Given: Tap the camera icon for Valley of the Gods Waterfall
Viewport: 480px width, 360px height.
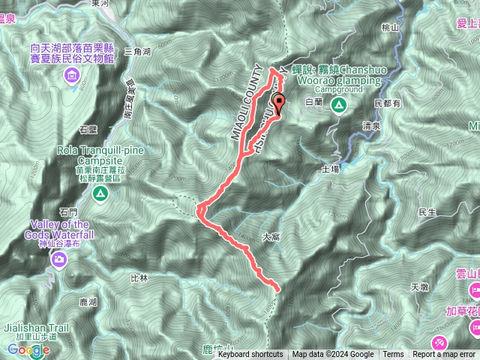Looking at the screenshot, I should click(x=59, y=259).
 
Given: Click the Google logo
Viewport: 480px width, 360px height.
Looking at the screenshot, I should click(x=28, y=350).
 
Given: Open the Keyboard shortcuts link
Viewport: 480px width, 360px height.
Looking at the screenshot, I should click(x=250, y=355).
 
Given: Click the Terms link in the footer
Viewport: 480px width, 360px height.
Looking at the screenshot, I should click(x=393, y=355).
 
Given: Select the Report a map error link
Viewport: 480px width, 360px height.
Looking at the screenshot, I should click(x=443, y=355).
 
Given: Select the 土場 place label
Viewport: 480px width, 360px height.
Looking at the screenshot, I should click(x=330, y=169).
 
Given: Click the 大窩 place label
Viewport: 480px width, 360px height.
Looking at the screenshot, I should click(x=271, y=236).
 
